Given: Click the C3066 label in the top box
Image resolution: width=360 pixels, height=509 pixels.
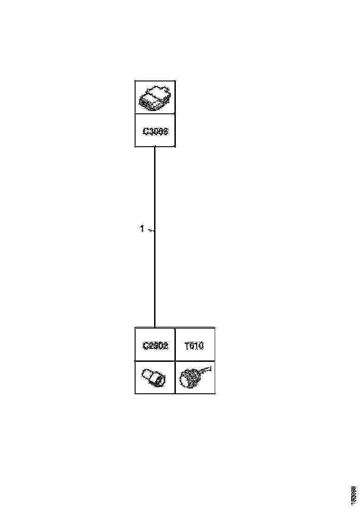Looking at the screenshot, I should pyautogui.click(x=155, y=131).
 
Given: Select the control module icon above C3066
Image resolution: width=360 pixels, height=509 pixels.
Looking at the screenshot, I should pyautogui.click(x=155, y=98).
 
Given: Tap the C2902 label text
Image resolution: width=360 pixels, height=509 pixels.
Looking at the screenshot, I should pyautogui.click(x=155, y=345).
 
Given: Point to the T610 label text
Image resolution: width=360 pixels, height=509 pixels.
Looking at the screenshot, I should pyautogui.click(x=194, y=345).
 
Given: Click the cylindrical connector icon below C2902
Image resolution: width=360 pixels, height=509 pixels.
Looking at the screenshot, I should pyautogui.click(x=155, y=377).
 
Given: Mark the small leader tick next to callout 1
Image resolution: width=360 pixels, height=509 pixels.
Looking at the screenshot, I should pyautogui.click(x=150, y=230).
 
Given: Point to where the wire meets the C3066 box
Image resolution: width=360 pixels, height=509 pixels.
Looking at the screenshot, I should pyautogui.click(x=155, y=147).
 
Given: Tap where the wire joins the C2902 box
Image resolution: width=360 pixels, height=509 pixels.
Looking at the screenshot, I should pyautogui.click(x=155, y=328).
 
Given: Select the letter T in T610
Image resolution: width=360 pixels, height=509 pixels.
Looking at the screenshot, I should pyautogui.click(x=187, y=345).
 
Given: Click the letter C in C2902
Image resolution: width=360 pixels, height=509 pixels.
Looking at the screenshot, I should pyautogui.click(x=144, y=345).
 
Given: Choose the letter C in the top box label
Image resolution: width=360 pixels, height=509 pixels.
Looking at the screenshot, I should pyautogui.click(x=145, y=131).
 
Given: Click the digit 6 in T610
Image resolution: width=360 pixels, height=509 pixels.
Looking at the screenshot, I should pyautogui.click(x=192, y=345).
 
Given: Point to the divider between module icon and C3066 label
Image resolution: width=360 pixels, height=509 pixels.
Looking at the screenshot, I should pyautogui.click(x=155, y=114).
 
